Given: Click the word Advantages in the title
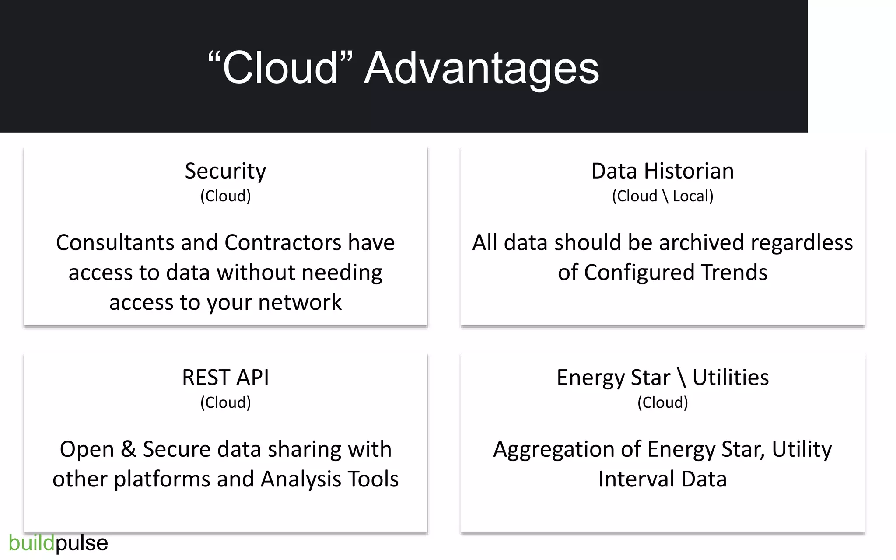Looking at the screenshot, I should pos(481,69).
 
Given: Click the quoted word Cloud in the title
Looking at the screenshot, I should pos(280,68).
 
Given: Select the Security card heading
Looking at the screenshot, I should pos(225,171).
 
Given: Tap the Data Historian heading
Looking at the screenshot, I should pos(662,171).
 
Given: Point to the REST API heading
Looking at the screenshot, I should pos(225,378).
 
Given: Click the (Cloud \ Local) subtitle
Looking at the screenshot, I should pos(662,196).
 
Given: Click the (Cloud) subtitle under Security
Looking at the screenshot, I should pos(225,196).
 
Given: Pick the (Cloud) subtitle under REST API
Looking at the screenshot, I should pos(225,402).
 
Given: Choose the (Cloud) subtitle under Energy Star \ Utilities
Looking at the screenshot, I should pos(662,402).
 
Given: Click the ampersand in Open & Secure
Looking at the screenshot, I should pos(128,449).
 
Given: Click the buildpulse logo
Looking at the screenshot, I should pos(58,543).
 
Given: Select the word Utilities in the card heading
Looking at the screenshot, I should pos(730,378).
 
